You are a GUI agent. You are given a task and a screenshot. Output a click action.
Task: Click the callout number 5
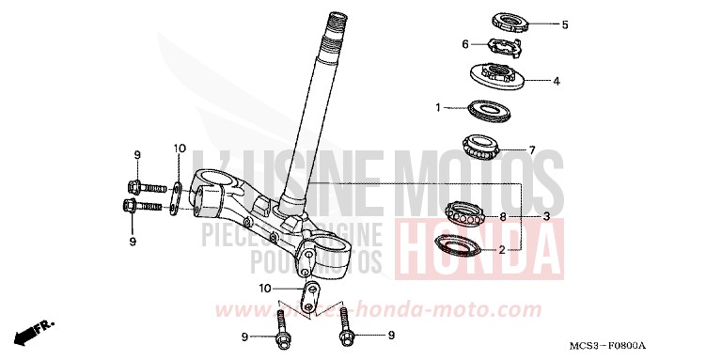click(565, 24)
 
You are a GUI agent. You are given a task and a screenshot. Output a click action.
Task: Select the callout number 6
click(464, 44)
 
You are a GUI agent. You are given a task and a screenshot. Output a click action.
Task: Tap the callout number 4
click(557, 81)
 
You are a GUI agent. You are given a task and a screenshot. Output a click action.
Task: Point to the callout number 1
click(438, 108)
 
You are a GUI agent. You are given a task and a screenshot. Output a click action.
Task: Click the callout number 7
click(531, 149)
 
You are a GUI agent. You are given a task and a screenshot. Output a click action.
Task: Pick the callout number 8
click(503, 217)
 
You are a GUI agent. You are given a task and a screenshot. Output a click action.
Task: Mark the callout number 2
click(502, 250)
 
